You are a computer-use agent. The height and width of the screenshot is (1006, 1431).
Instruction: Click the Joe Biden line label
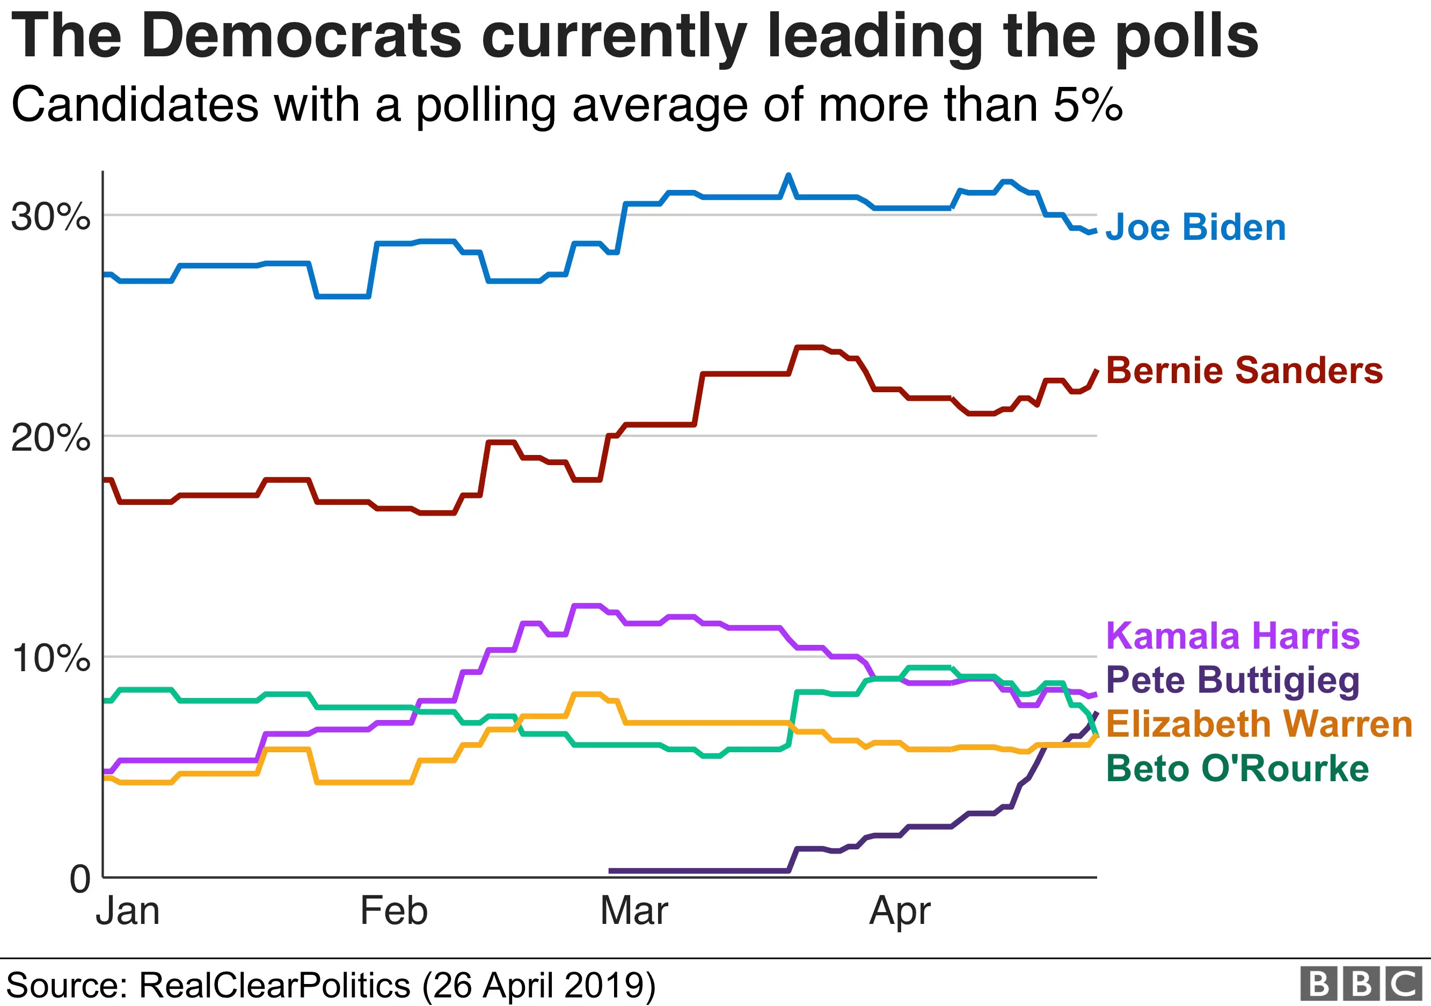(1195, 227)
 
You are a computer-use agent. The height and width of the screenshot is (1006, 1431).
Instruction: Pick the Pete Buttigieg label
(1232, 680)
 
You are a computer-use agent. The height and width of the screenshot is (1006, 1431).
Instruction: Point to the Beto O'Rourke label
(1237, 768)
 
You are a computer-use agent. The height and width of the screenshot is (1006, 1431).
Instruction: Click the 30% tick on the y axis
(50, 217)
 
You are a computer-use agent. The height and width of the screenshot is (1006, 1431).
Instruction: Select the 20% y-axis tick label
(50, 438)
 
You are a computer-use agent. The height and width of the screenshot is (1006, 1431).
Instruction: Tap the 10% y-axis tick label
(50, 658)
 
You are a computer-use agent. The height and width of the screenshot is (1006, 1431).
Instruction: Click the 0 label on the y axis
(80, 879)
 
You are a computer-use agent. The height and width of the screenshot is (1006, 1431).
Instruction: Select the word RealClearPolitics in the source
(274, 986)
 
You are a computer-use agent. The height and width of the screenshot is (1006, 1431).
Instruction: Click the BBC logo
(1361, 984)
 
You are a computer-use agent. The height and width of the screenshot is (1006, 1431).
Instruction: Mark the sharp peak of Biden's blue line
(788, 175)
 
